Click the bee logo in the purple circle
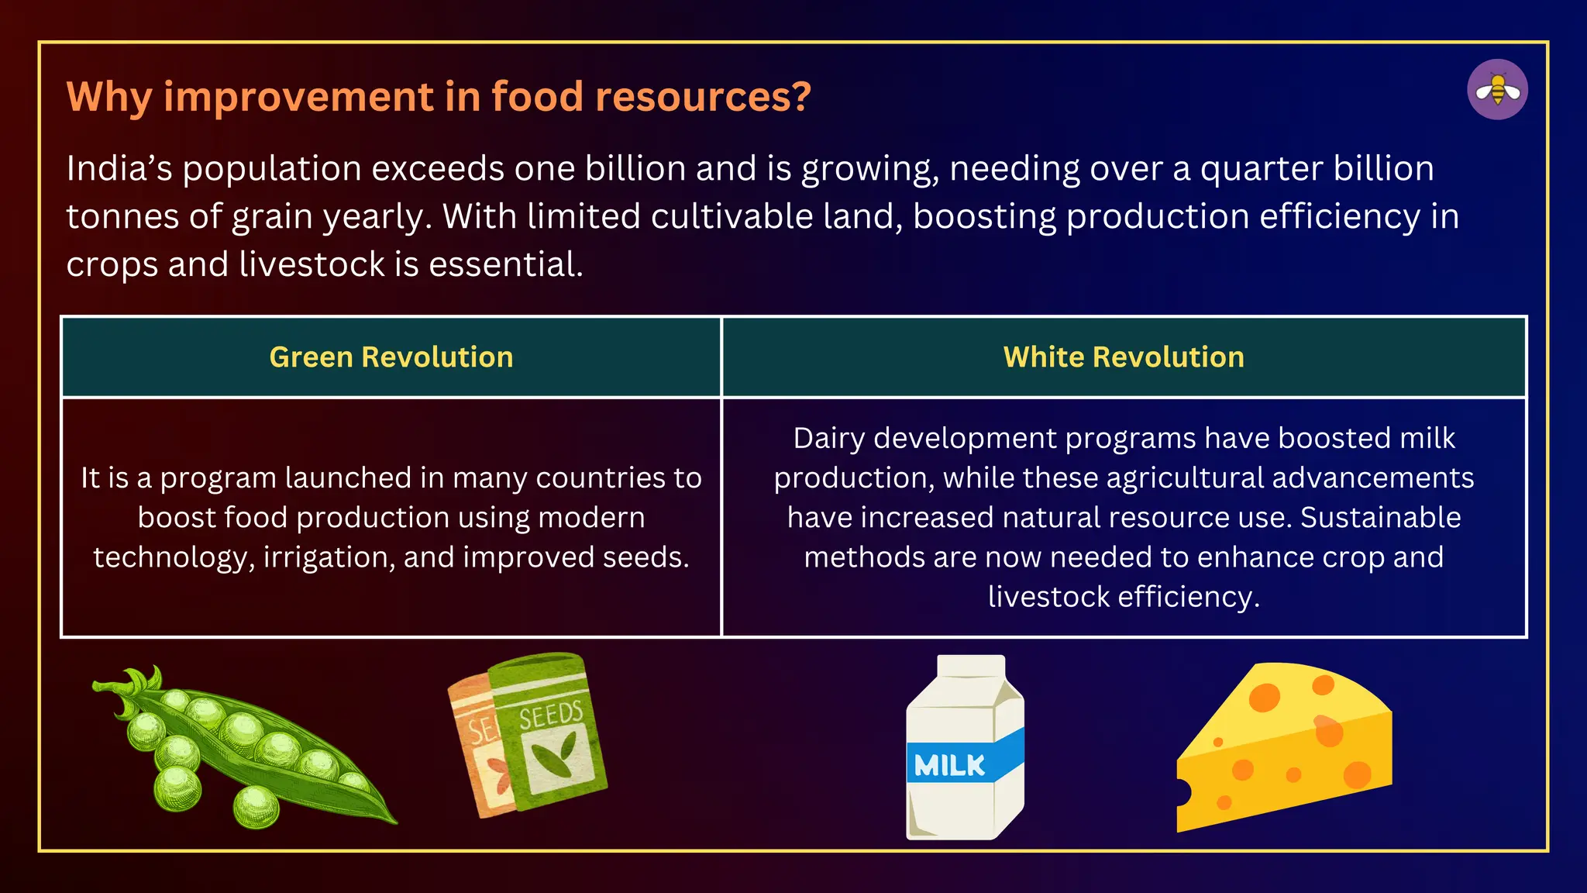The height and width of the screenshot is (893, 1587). point(1497,90)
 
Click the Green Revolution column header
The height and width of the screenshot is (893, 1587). point(391,357)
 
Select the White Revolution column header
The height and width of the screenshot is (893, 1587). point(1124,357)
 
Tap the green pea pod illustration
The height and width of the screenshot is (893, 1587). point(248,752)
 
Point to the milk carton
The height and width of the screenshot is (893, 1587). point(966,748)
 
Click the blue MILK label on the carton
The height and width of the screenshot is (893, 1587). point(950,765)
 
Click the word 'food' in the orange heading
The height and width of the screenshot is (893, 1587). point(536,97)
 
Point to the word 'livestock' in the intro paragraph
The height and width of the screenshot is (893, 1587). point(312,264)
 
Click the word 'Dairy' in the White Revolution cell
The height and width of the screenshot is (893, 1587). point(828,439)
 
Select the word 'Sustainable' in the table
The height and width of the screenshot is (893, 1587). point(1380,518)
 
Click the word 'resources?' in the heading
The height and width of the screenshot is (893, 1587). point(703,97)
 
